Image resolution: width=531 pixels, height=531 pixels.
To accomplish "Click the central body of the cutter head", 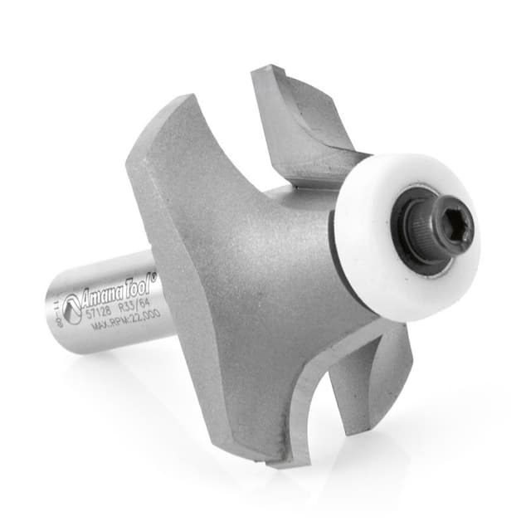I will [265, 274].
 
